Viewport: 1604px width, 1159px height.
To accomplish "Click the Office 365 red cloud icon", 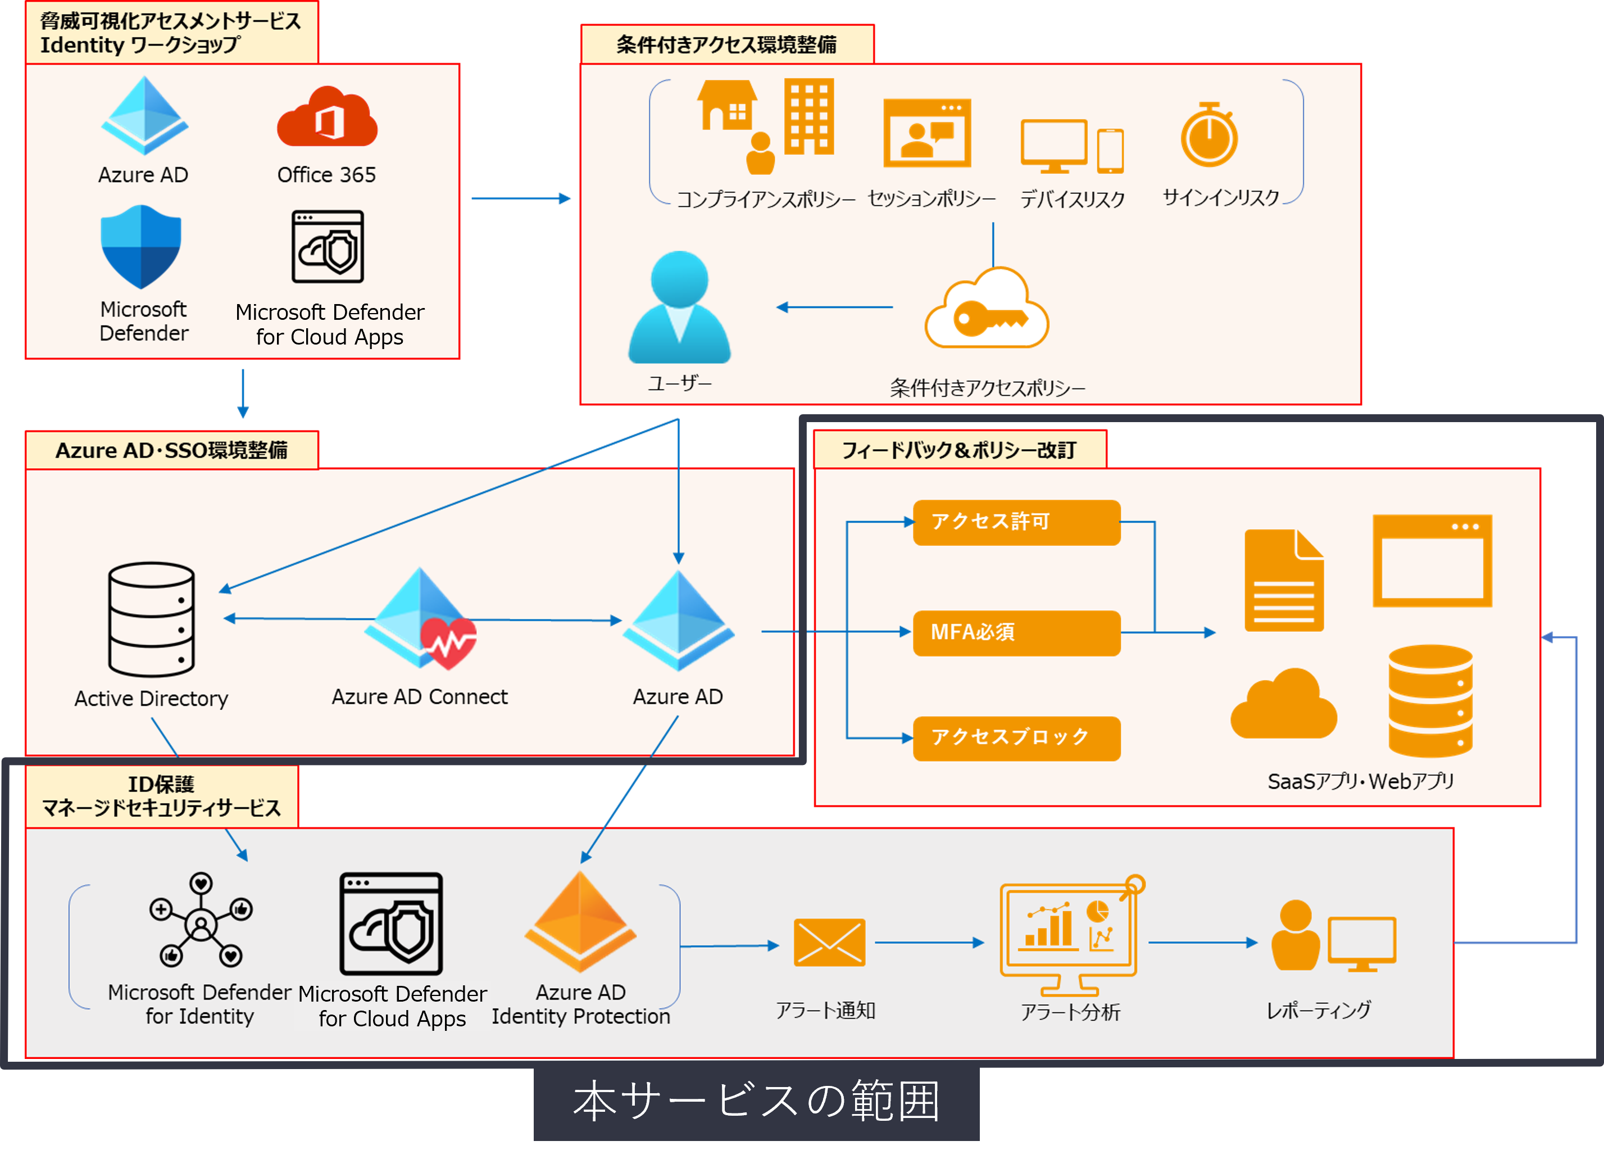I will pos(327,118).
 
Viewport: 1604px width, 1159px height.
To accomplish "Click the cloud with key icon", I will pos(987,311).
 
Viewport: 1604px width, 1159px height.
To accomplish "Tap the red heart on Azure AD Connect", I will pos(448,642).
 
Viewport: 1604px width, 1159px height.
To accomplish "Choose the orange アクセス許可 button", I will pos(1016,522).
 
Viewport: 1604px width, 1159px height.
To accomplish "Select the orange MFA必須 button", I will pos(1016,632).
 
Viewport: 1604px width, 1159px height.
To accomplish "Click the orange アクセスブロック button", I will pos(1016,738).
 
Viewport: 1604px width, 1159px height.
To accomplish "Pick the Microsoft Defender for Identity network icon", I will pos(201,920).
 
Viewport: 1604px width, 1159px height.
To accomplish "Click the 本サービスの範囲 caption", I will pos(756,1101).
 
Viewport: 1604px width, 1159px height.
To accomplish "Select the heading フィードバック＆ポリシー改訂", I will pos(959,450).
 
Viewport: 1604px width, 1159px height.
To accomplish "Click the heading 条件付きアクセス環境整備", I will pos(726,44).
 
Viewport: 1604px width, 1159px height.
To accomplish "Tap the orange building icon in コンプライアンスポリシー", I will pos(808,117).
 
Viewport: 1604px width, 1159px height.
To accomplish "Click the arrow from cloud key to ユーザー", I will pos(834,307).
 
